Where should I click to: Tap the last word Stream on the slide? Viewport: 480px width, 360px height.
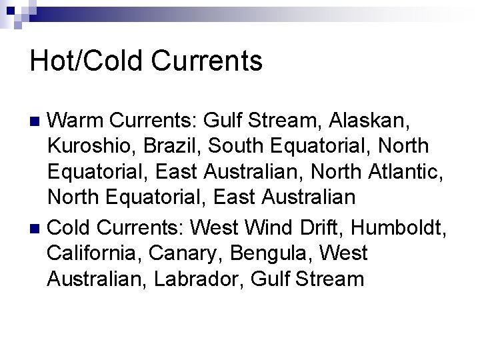331,279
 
